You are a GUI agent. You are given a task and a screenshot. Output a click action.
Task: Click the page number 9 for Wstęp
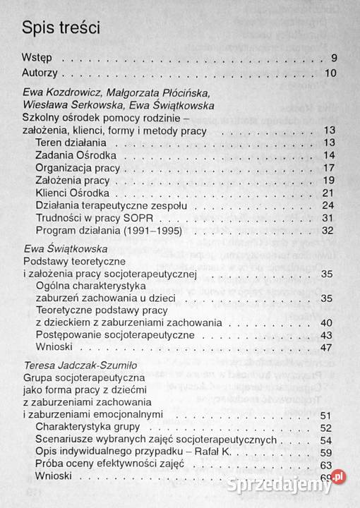coord(334,59)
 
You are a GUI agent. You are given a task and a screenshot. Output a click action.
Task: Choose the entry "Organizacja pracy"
coord(78,168)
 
